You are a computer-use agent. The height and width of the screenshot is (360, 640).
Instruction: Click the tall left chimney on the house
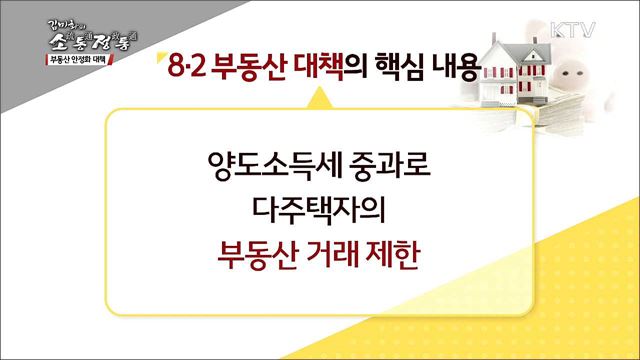[498, 42]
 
